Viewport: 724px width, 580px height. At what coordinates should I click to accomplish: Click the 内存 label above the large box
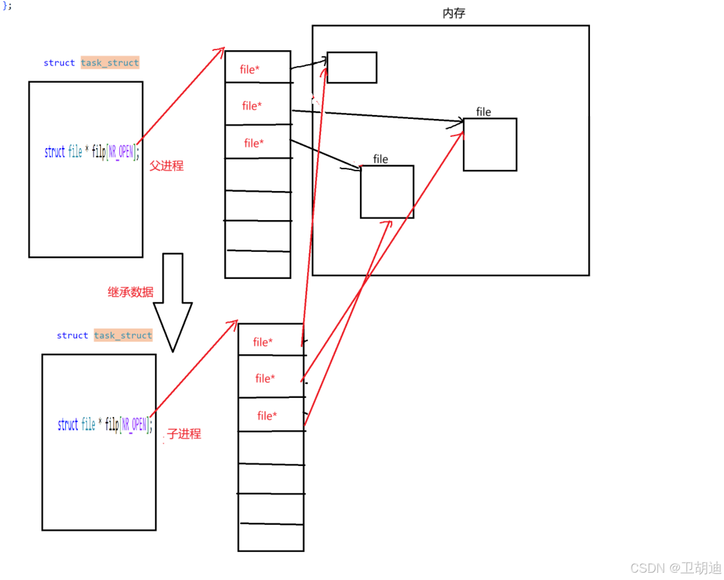pyautogui.click(x=453, y=13)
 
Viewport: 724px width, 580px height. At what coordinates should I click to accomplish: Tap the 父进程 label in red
pyautogui.click(x=166, y=165)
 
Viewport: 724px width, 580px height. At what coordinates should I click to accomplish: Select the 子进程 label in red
pyautogui.click(x=184, y=434)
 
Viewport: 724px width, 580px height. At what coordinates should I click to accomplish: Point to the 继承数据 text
pyautogui.click(x=130, y=292)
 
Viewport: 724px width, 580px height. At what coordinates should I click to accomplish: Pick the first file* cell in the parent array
pyautogui.click(x=250, y=69)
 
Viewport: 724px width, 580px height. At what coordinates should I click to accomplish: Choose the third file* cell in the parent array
pyautogui.click(x=254, y=143)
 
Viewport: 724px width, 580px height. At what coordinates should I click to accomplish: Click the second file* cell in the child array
pyautogui.click(x=265, y=378)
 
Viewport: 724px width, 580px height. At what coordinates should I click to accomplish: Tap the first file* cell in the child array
pyautogui.click(x=263, y=341)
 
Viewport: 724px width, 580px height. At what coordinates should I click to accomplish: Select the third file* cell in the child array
pyautogui.click(x=267, y=415)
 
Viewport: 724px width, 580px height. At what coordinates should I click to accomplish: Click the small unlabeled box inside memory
pyautogui.click(x=352, y=68)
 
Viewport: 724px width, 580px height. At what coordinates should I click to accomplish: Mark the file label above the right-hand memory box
pyautogui.click(x=483, y=112)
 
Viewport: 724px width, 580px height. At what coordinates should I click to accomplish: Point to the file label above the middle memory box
pyautogui.click(x=380, y=159)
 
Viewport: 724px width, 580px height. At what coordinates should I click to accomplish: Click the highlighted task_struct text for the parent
pyautogui.click(x=110, y=63)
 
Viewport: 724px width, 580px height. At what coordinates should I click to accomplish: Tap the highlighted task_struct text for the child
pyautogui.click(x=123, y=335)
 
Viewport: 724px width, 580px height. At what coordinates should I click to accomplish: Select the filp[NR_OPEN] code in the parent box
pyautogui.click(x=115, y=151)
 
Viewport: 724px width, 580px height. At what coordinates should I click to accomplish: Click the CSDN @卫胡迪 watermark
pyautogui.click(x=675, y=568)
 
